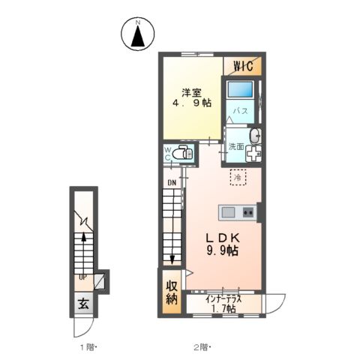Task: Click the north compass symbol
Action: click(x=137, y=34)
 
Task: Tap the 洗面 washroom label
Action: click(x=235, y=146)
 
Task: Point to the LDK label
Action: click(x=222, y=237)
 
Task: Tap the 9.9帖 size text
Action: click(x=222, y=251)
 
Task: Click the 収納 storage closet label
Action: click(x=172, y=293)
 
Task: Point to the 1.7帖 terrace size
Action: click(x=223, y=308)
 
